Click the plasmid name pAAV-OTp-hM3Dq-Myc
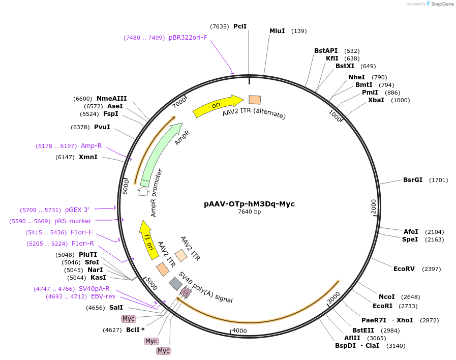click(x=249, y=204)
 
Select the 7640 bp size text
click(x=249, y=212)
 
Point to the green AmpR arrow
click(x=160, y=152)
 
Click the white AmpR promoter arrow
click(x=143, y=191)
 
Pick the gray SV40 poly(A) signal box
click(x=175, y=283)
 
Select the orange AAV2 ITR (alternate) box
click(x=255, y=100)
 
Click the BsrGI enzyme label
click(x=413, y=179)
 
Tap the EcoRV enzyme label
click(x=404, y=268)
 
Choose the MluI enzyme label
click(x=277, y=31)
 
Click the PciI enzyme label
click(x=240, y=26)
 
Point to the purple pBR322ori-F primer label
click(x=188, y=37)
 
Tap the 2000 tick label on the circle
click(x=374, y=207)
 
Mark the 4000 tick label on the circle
click(x=239, y=330)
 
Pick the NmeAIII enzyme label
click(x=112, y=99)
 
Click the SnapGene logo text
click(x=441, y=4)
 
